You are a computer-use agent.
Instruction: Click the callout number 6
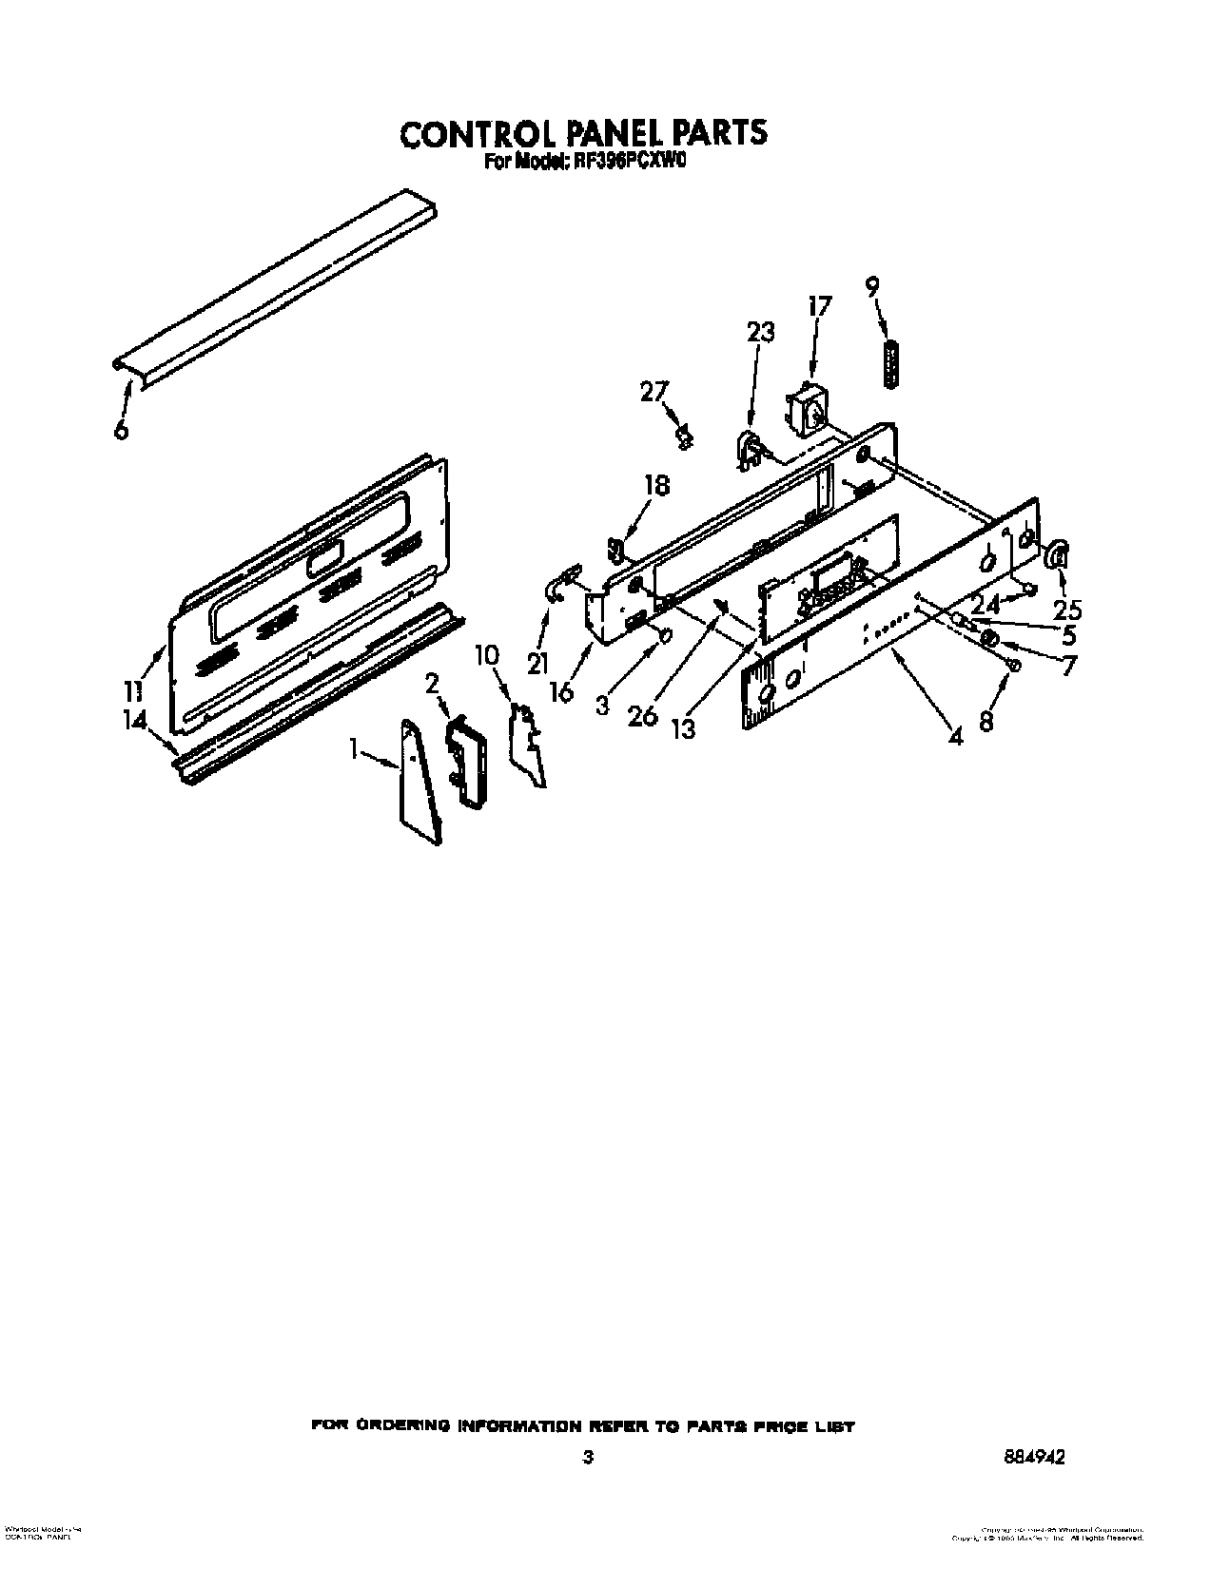(120, 429)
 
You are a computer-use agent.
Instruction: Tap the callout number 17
(818, 306)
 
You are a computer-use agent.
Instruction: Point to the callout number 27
(654, 391)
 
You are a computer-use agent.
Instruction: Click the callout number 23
(760, 332)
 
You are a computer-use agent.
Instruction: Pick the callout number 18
(656, 485)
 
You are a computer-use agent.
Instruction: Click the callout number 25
(1068, 610)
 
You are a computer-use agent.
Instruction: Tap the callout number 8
(986, 723)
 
